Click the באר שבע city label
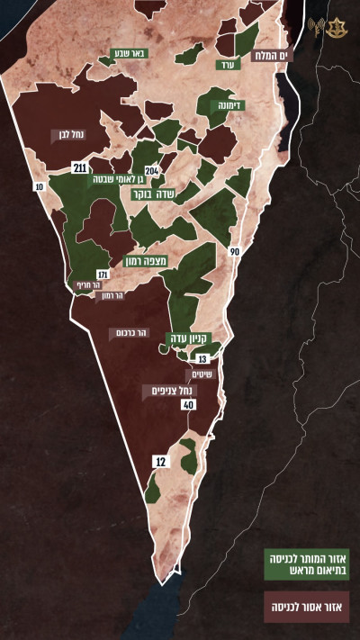coord(130,53)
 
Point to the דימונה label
coord(232,105)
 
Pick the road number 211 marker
coord(80,168)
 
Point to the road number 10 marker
coord(39,186)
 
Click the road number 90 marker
coord(234,251)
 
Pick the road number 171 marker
coord(102,274)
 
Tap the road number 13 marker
coord(201,358)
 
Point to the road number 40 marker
coord(188,405)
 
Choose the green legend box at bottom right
coord(305,563)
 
